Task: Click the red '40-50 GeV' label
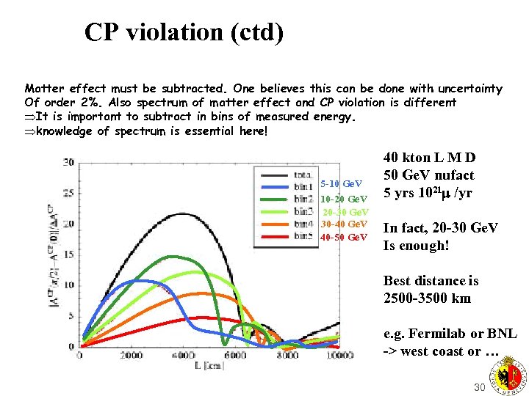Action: [344, 237]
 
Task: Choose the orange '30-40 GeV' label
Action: [344, 224]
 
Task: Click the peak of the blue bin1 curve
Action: [136, 281]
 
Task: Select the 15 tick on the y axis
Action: [69, 254]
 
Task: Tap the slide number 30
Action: [480, 387]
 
